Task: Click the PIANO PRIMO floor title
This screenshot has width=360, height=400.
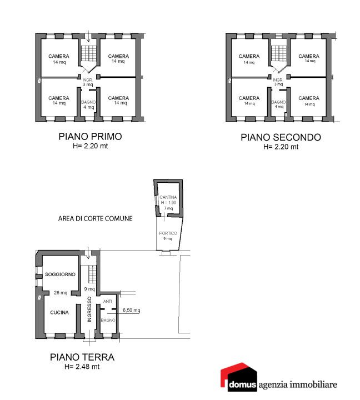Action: coord(90,137)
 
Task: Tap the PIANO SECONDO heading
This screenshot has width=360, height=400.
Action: coord(281,138)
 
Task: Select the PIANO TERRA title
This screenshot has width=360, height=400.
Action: coord(82,357)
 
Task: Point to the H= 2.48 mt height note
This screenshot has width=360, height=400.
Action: coord(82,367)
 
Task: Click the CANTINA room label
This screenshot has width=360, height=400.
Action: coord(168,197)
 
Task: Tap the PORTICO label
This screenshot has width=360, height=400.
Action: coord(168,233)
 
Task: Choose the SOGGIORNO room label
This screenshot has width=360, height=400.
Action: coord(60,274)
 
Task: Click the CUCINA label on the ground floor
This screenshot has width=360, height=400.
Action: coord(59,312)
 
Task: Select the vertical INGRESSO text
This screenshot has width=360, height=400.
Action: coord(89,309)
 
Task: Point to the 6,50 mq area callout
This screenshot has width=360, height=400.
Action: coord(132,310)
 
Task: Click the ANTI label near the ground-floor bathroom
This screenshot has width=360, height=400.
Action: coord(107,302)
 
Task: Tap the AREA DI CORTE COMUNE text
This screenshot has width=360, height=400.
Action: coord(96,219)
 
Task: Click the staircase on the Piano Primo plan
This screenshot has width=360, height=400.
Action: coord(88,53)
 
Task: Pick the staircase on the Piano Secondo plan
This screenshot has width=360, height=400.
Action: coord(279,53)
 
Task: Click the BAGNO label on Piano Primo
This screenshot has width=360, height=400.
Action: coord(88,102)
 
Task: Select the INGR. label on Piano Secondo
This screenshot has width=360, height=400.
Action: coord(278,80)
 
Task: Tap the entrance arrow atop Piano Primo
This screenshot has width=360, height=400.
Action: coord(88,36)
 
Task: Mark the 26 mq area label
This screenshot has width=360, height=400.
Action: coord(61,293)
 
